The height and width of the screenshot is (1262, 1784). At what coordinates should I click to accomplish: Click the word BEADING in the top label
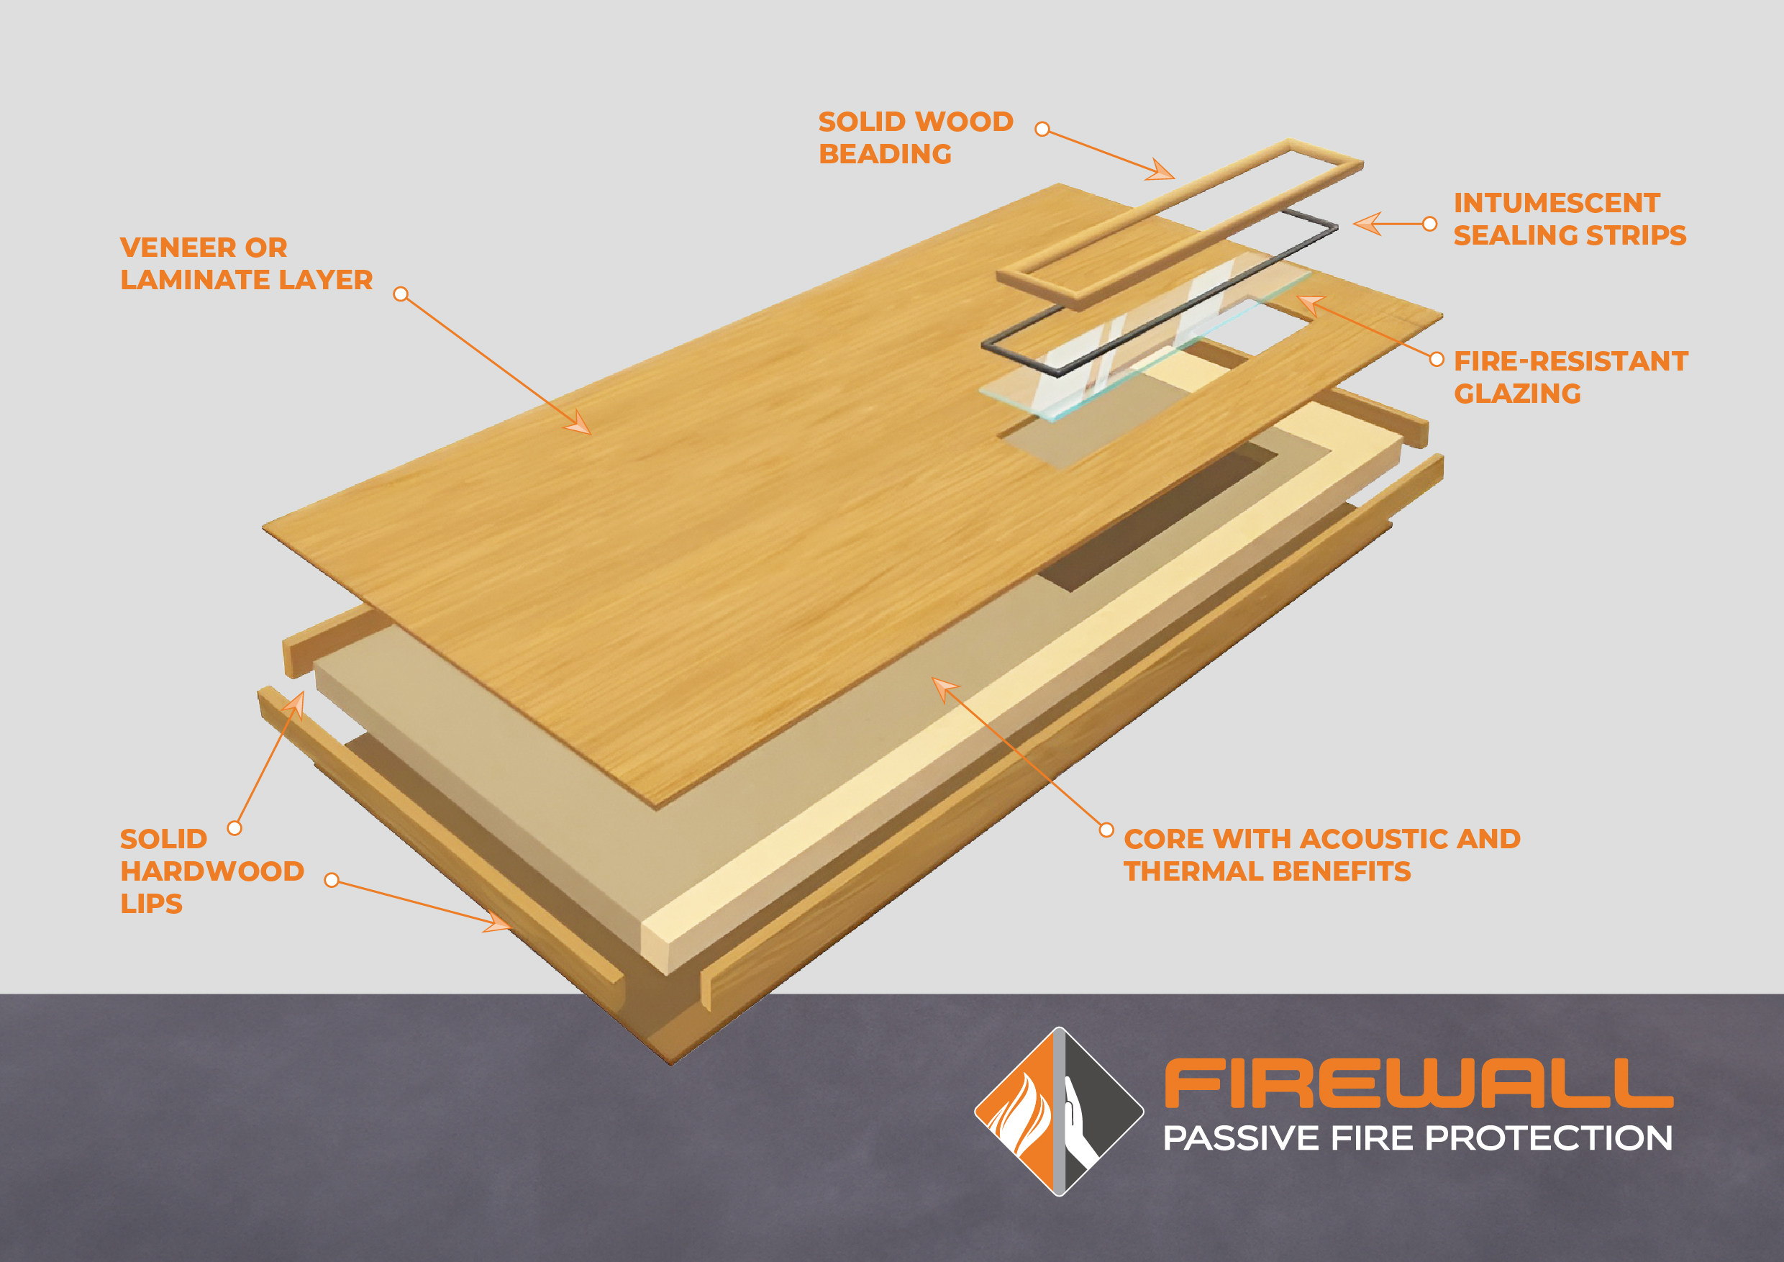(885, 154)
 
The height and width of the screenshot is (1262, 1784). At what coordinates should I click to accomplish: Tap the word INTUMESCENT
(1557, 203)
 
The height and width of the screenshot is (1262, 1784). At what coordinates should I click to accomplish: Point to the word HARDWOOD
(212, 871)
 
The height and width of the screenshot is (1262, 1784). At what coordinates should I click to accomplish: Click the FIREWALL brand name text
(1418, 1084)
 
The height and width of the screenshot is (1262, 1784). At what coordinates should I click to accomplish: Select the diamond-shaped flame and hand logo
(1058, 1111)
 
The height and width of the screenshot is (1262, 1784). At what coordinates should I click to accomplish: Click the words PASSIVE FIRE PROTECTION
(1417, 1138)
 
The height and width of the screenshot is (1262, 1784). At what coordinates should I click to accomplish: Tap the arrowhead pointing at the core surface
(943, 687)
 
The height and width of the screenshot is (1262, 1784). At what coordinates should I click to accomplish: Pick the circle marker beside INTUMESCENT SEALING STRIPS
(1429, 224)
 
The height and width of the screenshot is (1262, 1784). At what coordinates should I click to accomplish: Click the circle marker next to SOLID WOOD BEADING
(1043, 129)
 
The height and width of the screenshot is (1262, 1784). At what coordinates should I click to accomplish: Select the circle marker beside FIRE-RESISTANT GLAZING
(1437, 359)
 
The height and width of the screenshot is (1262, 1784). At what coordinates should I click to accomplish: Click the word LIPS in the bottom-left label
(152, 904)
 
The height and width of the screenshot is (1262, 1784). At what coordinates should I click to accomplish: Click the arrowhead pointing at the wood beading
(1162, 172)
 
